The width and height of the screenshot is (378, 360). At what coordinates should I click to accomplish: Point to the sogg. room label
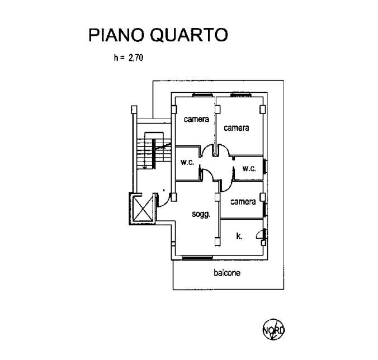(201, 214)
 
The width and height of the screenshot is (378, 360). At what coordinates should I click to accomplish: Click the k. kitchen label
(239, 236)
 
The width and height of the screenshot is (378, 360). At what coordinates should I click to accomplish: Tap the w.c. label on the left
(187, 163)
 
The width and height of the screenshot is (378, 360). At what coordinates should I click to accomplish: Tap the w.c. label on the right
(249, 168)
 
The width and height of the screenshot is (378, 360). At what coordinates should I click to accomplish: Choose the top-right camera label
(236, 128)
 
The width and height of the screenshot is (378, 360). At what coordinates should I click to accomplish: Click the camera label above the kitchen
(243, 202)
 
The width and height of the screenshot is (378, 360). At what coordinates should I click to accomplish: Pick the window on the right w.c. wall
(266, 167)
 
